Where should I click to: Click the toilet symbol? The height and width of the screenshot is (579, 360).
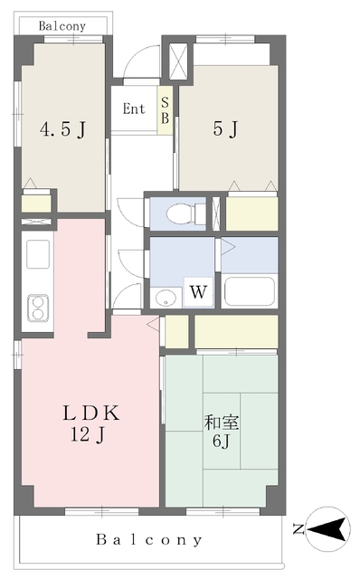185,214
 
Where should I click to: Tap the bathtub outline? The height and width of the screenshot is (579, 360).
250,290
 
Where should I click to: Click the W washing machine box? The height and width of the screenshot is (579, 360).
198,291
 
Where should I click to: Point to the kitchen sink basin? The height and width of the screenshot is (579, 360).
38,254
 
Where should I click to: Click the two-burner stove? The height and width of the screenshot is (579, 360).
38,308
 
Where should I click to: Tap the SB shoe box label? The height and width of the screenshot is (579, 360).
165,110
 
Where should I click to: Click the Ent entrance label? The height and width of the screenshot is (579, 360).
134,109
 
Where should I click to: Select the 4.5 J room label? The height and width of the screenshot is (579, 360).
62,129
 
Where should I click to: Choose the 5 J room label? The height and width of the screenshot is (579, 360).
225,129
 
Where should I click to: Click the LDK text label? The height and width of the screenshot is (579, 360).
91,413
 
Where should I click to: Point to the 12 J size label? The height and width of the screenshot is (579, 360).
88,434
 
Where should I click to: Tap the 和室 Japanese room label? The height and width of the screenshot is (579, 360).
222,422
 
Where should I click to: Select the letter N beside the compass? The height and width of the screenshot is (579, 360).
298,529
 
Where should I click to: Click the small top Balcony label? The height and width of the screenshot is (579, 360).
62,26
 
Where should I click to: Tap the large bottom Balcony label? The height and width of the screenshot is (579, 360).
149,540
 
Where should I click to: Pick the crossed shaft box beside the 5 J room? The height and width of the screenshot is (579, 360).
178,62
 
